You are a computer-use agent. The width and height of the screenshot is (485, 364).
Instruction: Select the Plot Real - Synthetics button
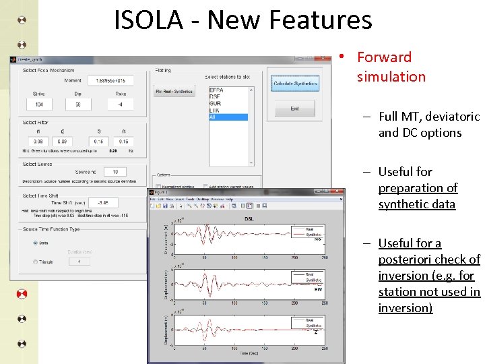click(174, 92)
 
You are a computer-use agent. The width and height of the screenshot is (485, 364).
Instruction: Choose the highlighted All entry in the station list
click(228, 117)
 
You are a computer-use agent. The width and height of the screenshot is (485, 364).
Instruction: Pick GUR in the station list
click(216, 103)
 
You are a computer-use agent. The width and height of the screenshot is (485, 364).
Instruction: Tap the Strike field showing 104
click(39, 104)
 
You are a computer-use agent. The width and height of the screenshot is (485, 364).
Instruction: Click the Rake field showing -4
click(121, 104)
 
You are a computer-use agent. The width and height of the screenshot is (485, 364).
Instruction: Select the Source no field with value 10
click(115, 172)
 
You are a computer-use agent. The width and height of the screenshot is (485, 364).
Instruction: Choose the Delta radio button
click(35, 243)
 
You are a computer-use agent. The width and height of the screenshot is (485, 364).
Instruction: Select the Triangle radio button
click(35, 262)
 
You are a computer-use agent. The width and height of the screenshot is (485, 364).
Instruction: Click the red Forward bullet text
click(384, 57)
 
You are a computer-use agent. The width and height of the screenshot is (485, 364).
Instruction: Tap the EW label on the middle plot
click(319, 290)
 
